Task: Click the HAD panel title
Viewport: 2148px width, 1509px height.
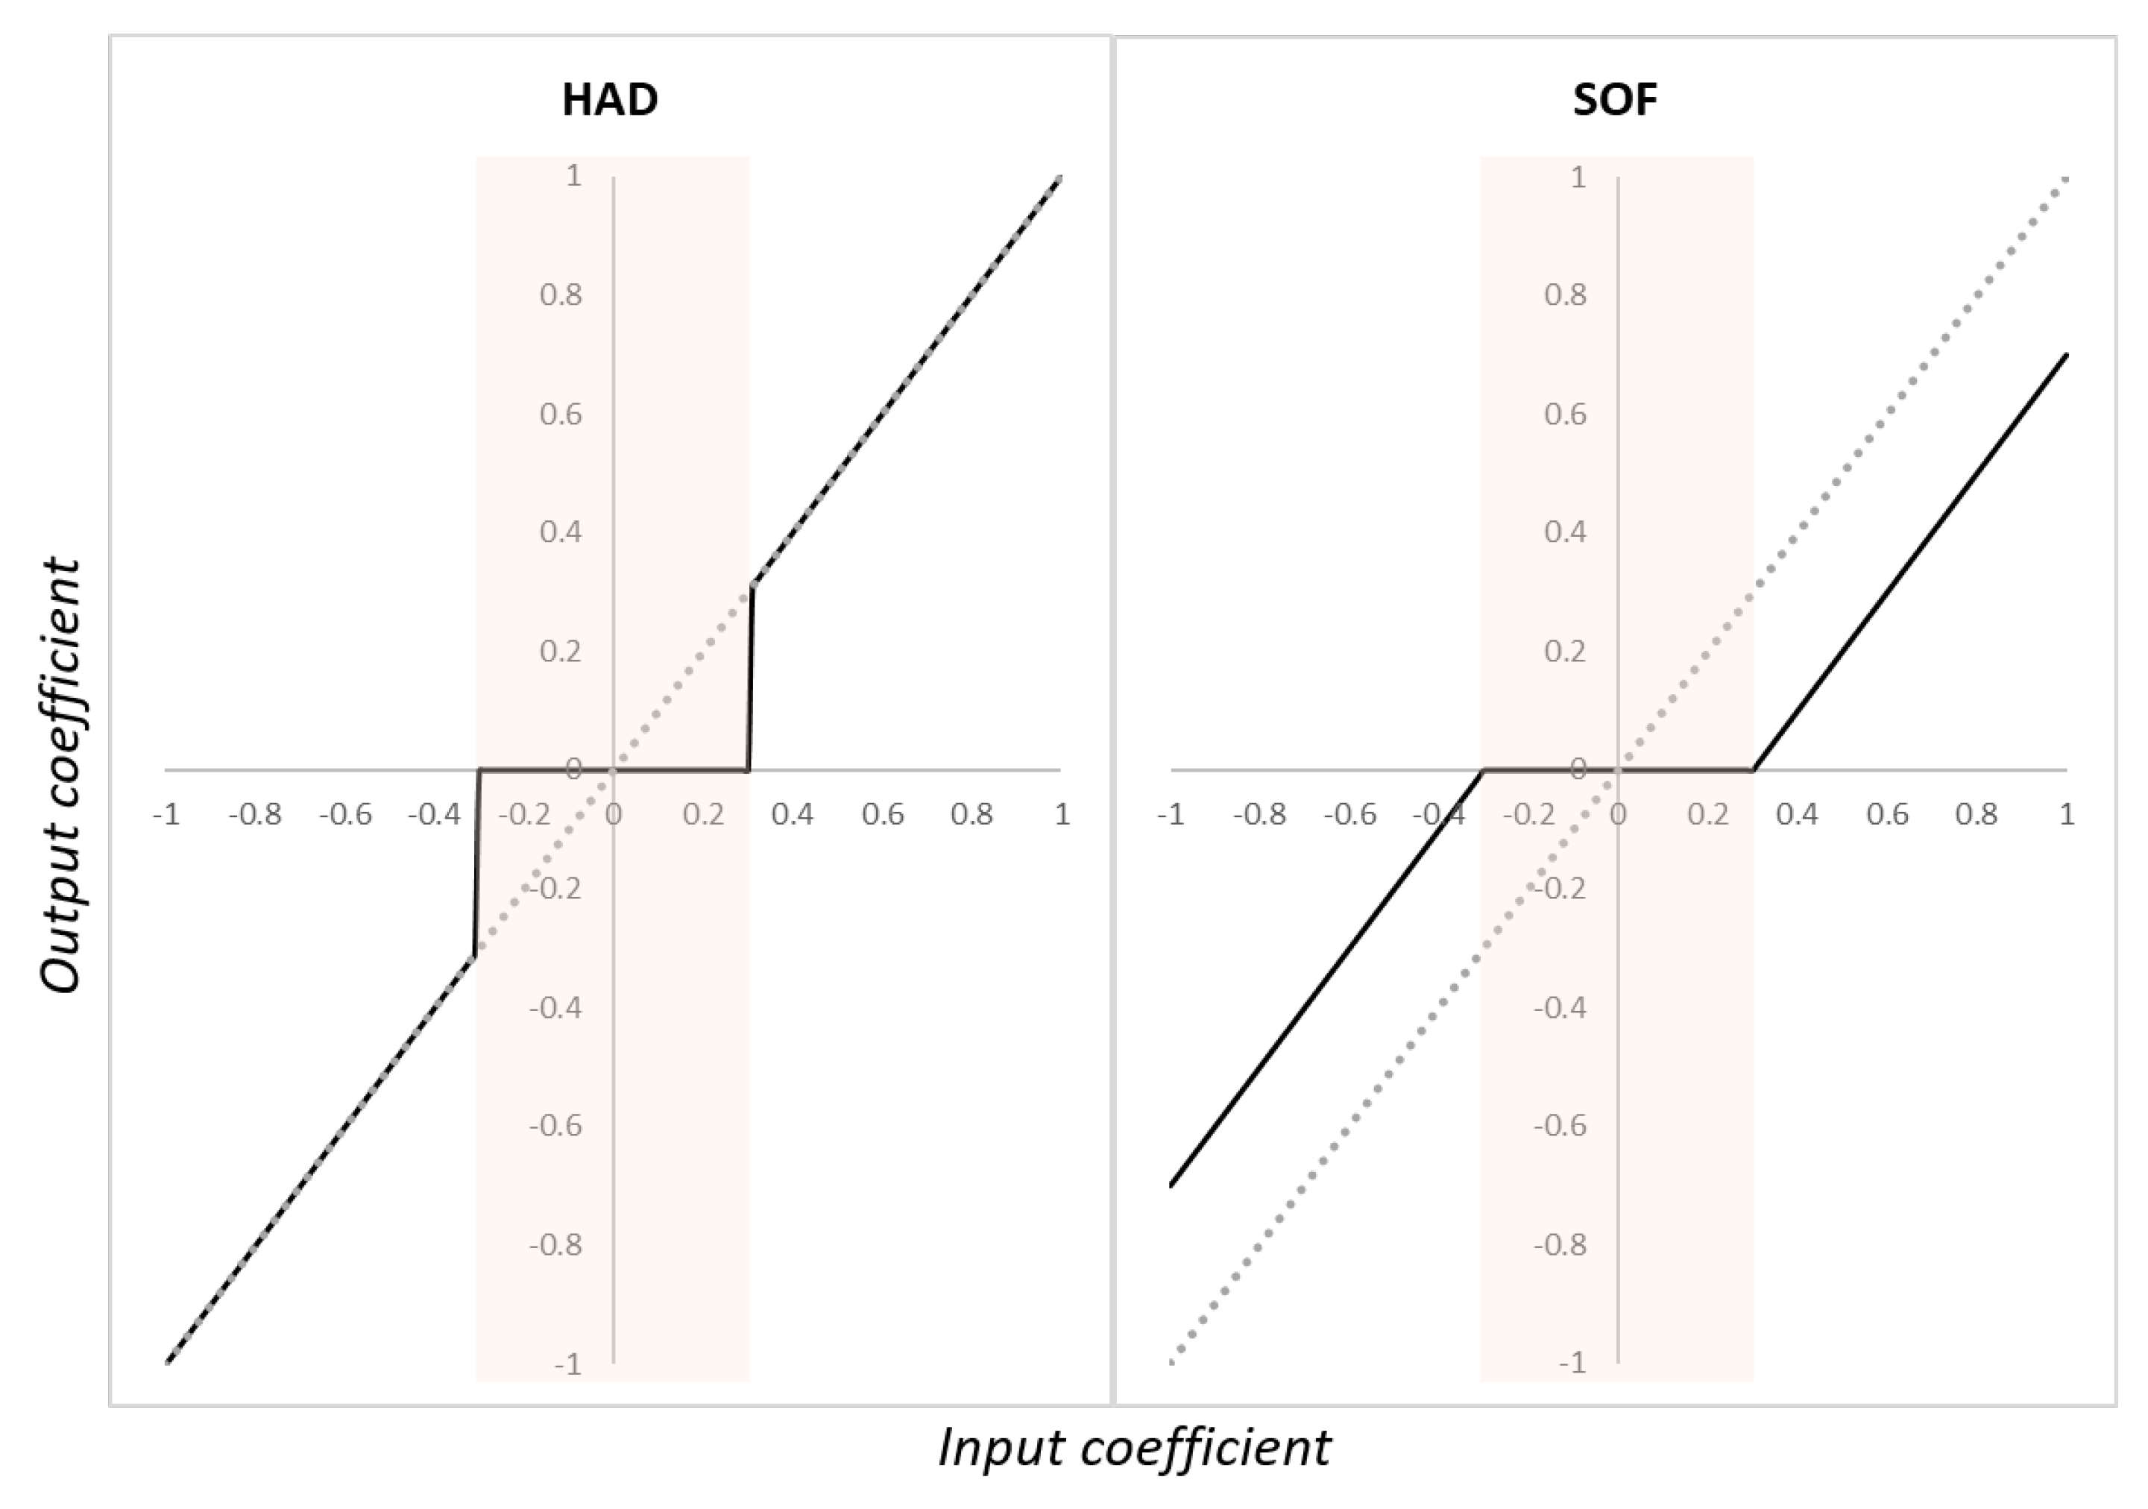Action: (x=610, y=99)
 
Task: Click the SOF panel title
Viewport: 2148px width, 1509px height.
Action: (x=1615, y=99)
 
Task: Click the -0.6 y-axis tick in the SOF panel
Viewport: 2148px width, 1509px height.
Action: (x=1560, y=1126)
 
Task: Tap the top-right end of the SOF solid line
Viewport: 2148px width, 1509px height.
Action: (x=2066, y=356)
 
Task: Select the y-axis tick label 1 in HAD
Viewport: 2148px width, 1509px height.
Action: (x=573, y=176)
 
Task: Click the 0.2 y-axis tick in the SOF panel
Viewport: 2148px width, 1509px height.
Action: (x=1565, y=651)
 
